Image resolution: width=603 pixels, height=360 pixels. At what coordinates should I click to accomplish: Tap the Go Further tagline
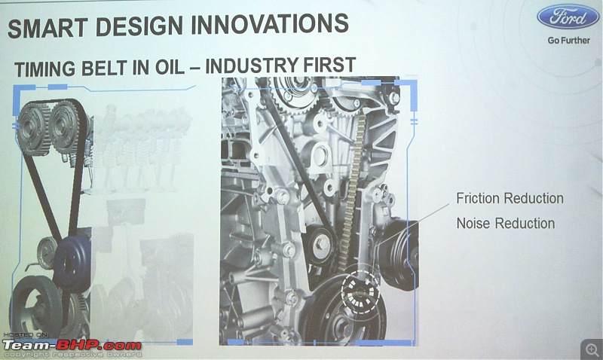(x=569, y=41)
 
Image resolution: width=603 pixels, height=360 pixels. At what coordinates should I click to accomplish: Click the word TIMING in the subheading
(x=44, y=69)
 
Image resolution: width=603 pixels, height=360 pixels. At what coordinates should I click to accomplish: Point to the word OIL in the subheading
(x=170, y=67)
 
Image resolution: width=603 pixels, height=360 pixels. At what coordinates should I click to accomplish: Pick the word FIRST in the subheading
(x=329, y=65)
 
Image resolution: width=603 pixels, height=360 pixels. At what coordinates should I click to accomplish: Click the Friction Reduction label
(x=510, y=199)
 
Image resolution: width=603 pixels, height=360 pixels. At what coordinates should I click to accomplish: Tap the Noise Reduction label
(x=506, y=223)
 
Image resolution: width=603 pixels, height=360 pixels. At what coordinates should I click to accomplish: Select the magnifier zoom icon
(x=592, y=349)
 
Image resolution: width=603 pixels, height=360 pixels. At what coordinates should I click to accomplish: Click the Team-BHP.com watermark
(x=72, y=345)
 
